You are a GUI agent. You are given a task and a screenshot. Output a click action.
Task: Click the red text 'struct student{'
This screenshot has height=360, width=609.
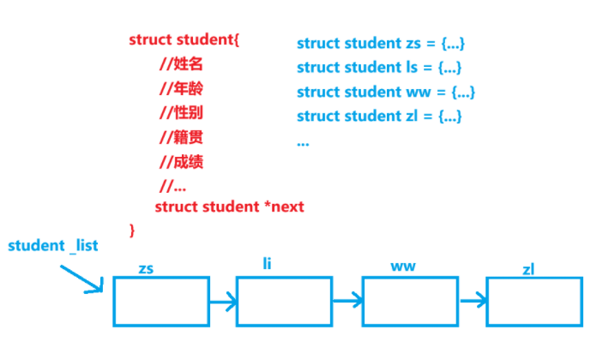(x=184, y=39)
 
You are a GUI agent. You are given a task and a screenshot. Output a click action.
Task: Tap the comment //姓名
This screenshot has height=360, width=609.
(x=181, y=64)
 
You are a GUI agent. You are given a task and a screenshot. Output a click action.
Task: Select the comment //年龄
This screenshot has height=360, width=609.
(x=181, y=88)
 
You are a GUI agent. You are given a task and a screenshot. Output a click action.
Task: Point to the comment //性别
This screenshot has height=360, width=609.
(x=181, y=112)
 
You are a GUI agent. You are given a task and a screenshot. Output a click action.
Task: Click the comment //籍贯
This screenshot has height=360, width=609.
(x=181, y=137)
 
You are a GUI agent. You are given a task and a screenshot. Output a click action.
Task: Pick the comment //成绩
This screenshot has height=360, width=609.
(x=181, y=161)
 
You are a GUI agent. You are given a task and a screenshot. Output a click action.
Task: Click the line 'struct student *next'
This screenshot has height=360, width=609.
(x=229, y=207)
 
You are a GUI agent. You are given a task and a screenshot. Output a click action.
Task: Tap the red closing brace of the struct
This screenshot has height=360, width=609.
(x=132, y=229)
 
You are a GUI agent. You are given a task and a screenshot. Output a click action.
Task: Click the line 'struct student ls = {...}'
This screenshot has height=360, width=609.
(x=379, y=67)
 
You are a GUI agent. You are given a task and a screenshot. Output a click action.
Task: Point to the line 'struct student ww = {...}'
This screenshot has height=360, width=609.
(x=385, y=92)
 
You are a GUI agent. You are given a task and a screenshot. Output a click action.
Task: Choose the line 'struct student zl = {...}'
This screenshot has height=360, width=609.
(x=379, y=116)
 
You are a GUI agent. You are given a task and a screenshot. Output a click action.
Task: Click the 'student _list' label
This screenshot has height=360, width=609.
(x=53, y=246)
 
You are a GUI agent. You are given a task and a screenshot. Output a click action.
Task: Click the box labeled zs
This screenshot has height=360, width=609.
(x=161, y=301)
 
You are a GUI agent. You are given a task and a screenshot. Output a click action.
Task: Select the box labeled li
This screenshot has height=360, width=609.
(x=284, y=301)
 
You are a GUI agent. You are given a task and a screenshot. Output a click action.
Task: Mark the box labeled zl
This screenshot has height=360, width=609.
(x=534, y=301)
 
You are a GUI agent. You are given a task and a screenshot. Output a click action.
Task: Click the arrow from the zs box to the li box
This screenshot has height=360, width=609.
(x=223, y=302)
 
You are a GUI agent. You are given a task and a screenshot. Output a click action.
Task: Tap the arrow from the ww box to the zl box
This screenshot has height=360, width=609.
(x=473, y=301)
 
